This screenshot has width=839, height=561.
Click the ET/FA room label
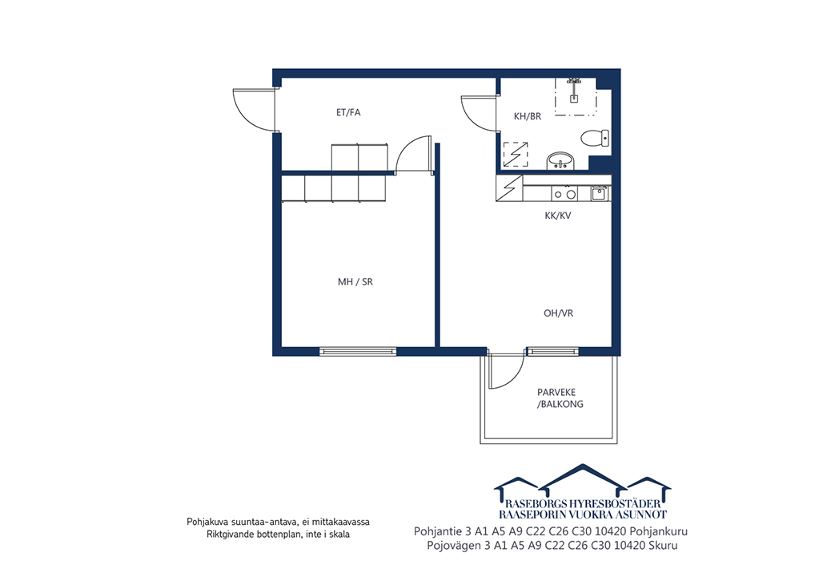348,112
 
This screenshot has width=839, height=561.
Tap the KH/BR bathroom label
528,116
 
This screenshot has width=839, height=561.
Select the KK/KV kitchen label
558,216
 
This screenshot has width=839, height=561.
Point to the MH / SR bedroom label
355,282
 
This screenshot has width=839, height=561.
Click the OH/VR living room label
559,313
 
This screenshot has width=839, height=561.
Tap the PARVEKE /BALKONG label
560,398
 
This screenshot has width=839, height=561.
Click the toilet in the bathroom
595,138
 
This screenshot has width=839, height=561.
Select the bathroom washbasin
560,161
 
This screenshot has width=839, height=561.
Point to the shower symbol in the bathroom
575,96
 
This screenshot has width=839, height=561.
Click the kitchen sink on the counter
599,193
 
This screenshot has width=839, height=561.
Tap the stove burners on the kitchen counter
565,194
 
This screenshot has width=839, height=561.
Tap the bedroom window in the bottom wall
358,352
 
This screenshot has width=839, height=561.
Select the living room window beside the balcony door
553,352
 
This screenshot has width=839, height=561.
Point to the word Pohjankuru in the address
659,531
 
